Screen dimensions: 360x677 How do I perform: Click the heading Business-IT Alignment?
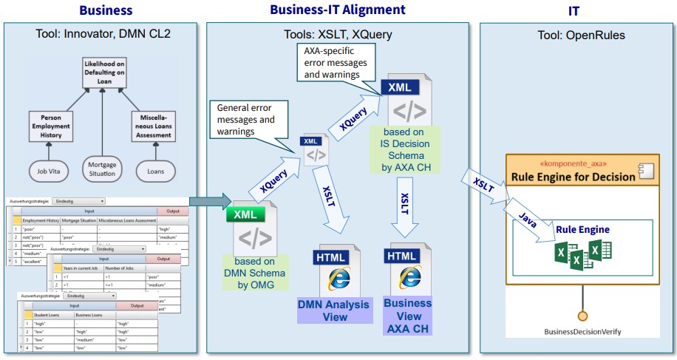point(338,10)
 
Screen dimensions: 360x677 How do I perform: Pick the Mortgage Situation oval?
point(103,169)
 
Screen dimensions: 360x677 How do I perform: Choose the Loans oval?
point(154,170)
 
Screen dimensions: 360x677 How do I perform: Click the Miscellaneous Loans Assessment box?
point(154,126)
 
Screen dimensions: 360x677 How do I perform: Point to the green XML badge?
point(245,214)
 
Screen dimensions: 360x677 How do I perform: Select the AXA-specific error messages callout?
point(336,64)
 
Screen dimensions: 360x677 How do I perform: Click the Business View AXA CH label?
point(407,316)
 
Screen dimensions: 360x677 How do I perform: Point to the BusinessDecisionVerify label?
point(583,332)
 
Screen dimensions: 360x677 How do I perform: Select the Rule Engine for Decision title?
point(573,177)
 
